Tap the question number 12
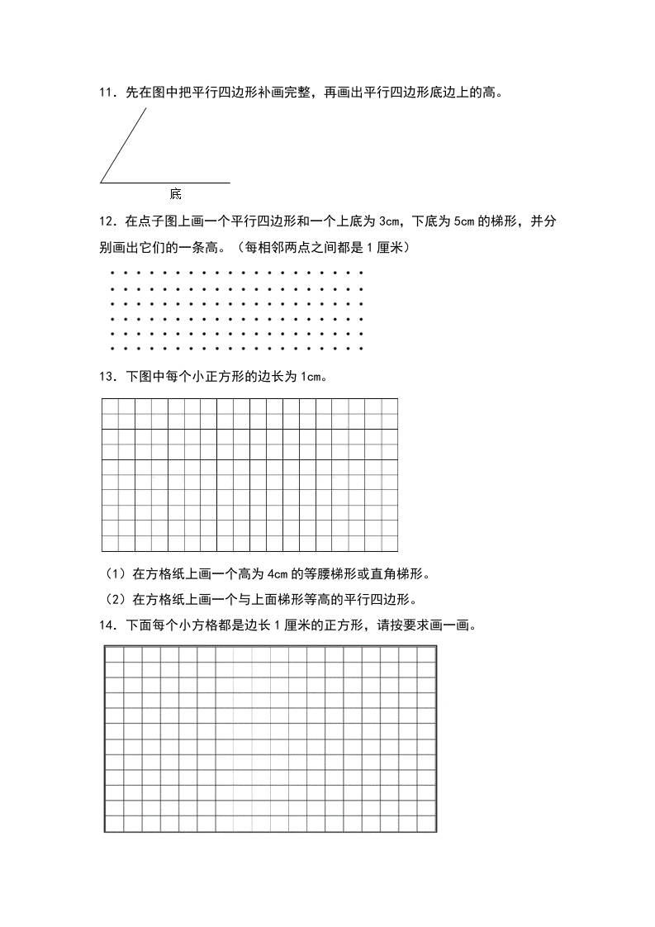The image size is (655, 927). pos(106,221)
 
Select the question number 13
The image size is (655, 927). pos(106,377)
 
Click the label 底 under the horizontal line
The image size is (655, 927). pos(175,194)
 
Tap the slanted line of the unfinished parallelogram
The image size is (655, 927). pos(124,145)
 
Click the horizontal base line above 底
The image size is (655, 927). pos(165,182)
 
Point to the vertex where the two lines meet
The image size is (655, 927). pos(101,182)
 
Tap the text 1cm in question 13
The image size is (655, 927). pos(310,377)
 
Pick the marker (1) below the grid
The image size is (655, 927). pos(113,574)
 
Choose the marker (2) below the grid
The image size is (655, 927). pos(113,600)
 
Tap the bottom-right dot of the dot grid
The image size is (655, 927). pos(362,349)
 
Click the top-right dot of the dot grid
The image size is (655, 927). pos(362,271)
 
